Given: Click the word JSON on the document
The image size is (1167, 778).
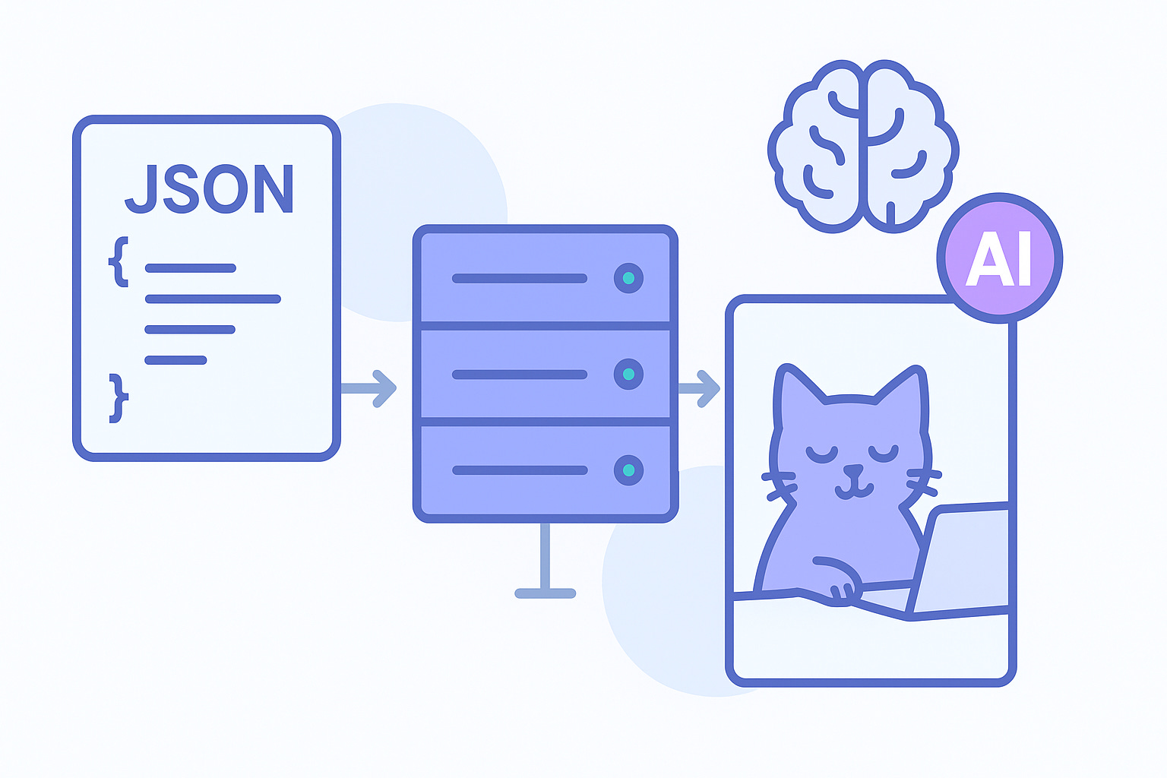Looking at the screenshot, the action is click(209, 190).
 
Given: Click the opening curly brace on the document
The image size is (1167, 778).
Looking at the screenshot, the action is click(119, 261).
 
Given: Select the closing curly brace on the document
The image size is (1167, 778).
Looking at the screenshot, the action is click(118, 397).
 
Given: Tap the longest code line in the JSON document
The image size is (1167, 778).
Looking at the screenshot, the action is click(213, 299).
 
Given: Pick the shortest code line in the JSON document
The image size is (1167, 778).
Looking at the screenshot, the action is click(176, 359).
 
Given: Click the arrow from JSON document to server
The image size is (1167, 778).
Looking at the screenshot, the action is click(370, 388).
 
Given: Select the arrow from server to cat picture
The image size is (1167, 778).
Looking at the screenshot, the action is click(699, 388).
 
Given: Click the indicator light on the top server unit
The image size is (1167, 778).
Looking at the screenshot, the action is click(628, 278).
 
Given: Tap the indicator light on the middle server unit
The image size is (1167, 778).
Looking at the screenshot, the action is click(628, 374).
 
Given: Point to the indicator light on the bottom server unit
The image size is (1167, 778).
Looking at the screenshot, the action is click(628, 470).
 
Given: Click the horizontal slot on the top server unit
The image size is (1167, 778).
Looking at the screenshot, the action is click(520, 278).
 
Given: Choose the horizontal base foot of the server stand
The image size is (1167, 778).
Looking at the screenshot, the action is click(545, 593).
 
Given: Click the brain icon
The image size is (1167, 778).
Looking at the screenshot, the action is click(862, 146).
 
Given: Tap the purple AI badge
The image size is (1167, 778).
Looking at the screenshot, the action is click(999, 258).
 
